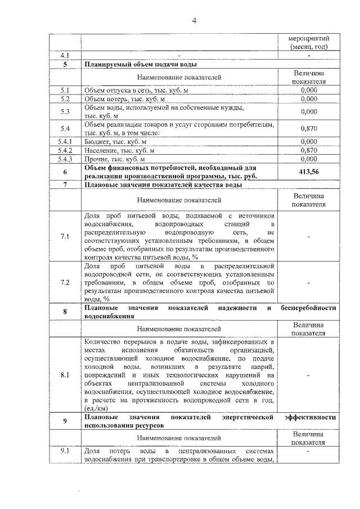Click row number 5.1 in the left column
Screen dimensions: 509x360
point(65,90)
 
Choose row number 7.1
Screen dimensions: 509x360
point(65,236)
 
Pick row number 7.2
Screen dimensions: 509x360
point(65,282)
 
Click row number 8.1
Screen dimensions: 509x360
point(65,375)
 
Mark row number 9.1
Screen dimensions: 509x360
point(65,451)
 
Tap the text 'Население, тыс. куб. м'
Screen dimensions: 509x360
point(119,151)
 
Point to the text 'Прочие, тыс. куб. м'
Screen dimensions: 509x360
point(114,160)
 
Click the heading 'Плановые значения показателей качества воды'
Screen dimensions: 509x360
point(163,184)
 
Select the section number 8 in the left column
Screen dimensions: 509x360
point(65,312)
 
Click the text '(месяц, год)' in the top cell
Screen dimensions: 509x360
point(309,47)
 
